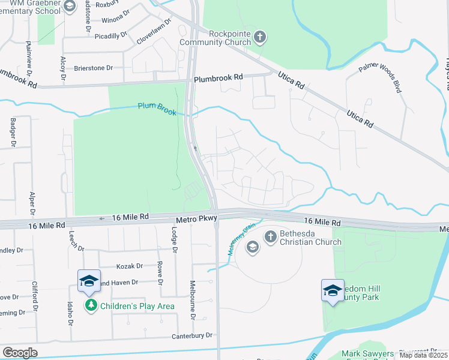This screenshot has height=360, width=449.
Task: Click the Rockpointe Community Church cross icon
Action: (x=260, y=37)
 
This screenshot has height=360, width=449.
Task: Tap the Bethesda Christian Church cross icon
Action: (x=270, y=236)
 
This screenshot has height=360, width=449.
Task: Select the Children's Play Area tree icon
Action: (x=91, y=305)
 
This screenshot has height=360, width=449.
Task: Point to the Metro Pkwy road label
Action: (x=194, y=221)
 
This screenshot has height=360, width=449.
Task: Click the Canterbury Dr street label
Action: (x=192, y=335)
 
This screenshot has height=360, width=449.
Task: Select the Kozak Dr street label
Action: (x=131, y=266)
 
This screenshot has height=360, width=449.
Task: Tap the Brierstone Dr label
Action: (x=93, y=68)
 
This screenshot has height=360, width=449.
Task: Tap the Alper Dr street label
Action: (x=32, y=203)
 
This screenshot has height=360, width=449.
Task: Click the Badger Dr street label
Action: (x=13, y=132)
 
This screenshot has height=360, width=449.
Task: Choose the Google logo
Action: (x=19, y=353)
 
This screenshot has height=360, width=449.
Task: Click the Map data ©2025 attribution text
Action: (x=423, y=355)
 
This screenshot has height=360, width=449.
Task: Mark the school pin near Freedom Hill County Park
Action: (x=333, y=290)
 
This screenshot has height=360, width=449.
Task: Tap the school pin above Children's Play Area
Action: (x=89, y=281)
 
